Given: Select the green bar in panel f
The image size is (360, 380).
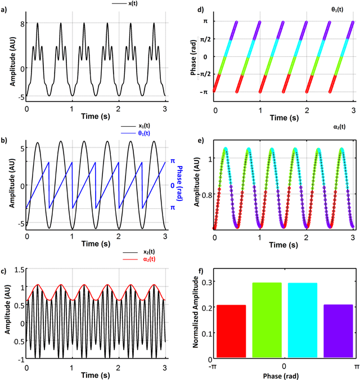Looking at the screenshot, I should (x=267, y=320).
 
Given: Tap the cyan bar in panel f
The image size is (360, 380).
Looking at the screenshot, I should (x=302, y=320).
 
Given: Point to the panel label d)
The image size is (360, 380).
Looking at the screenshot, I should (x=189, y=8).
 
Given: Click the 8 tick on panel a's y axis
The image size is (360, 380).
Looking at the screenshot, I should (x=21, y=24).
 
